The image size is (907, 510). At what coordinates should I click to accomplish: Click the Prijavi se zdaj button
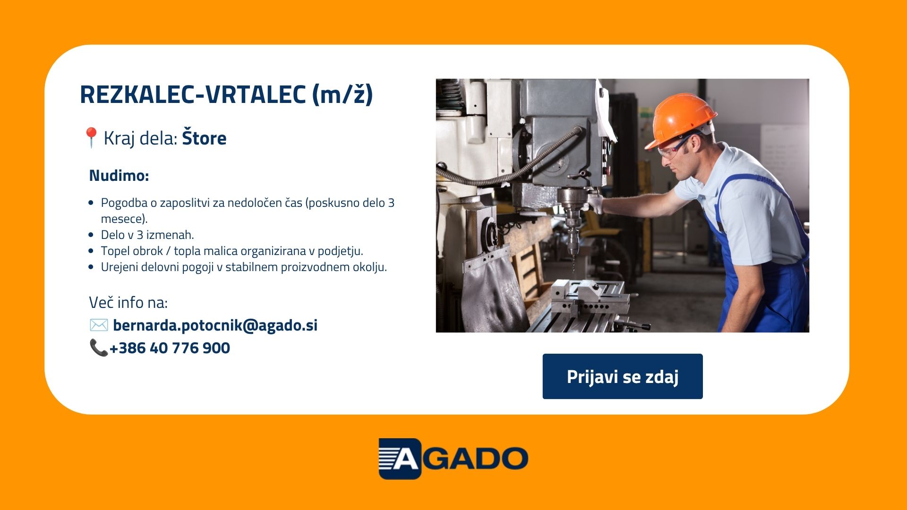[x=622, y=376]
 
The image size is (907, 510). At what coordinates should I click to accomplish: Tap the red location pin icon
[x=91, y=137]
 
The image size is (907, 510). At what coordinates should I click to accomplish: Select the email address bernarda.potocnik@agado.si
[x=215, y=325]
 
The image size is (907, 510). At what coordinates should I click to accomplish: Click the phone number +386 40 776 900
[x=170, y=348]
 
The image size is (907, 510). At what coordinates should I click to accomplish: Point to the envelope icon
[x=99, y=325]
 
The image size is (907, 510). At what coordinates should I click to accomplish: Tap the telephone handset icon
[x=99, y=348]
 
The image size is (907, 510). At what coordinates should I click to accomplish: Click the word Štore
[x=204, y=137]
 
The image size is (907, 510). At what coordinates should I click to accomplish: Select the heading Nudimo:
[x=119, y=176]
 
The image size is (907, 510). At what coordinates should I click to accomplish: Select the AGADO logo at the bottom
[x=453, y=459]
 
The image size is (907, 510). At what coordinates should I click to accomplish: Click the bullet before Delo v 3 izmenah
[x=91, y=235]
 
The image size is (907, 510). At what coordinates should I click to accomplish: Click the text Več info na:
[x=128, y=302]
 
